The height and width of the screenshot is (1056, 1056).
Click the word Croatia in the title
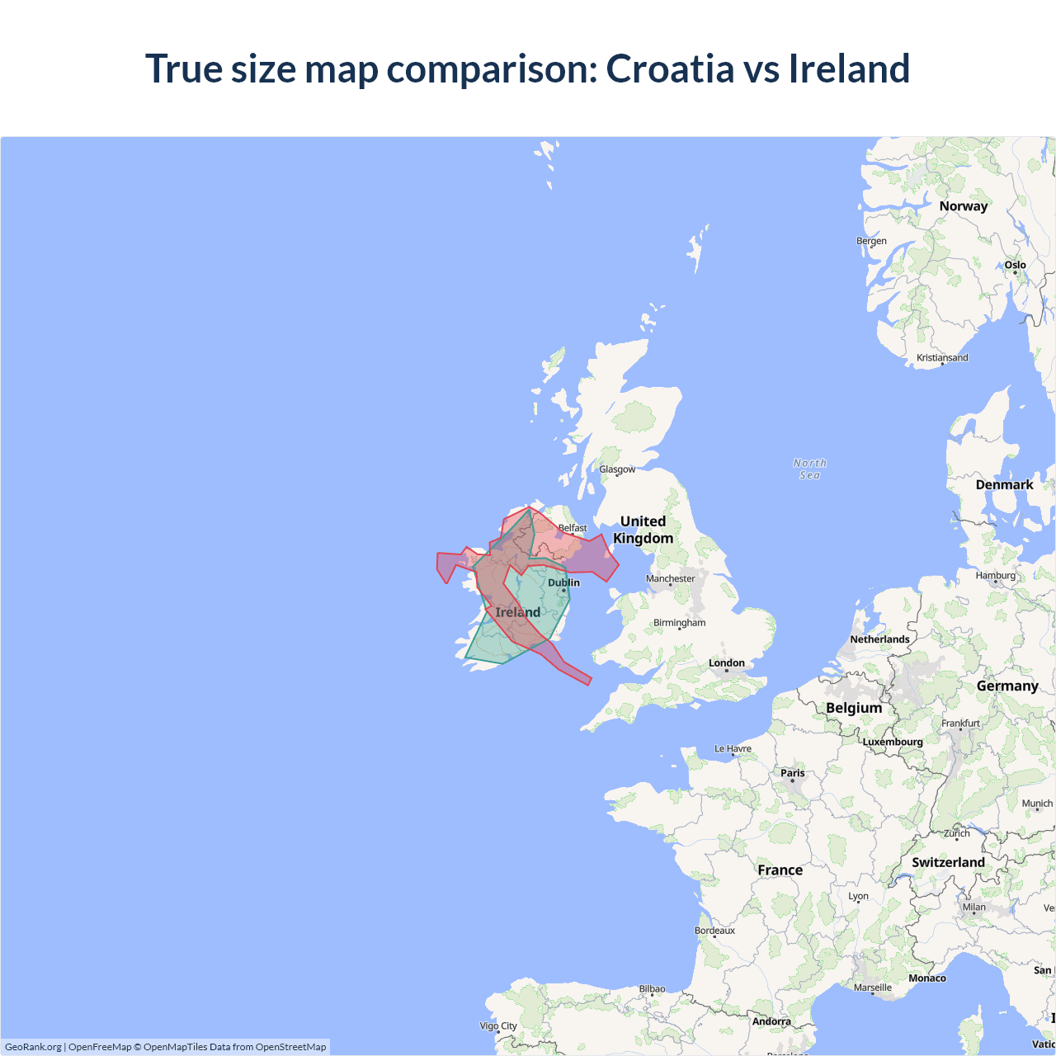(670, 68)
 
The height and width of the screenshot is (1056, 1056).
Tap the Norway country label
(963, 206)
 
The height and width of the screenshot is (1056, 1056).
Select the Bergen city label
(871, 241)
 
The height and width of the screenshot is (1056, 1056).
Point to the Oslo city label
(1015, 265)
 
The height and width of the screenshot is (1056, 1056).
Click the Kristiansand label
(942, 357)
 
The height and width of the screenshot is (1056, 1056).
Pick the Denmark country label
(1004, 484)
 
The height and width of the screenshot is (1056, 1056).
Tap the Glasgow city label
(617, 469)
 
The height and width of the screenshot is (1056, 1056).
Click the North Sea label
(809, 469)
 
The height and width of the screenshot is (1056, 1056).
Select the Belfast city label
(573, 528)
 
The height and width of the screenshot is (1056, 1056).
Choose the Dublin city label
(563, 582)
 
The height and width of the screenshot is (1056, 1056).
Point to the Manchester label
(670, 578)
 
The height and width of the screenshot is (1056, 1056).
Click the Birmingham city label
(679, 623)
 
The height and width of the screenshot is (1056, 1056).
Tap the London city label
(726, 663)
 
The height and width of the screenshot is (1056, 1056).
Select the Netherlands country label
(879, 639)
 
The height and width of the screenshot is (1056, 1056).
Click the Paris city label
(792, 773)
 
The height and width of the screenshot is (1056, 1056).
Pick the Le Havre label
(733, 748)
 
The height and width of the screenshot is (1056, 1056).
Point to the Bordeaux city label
(714, 931)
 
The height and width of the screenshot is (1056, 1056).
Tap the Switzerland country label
(948, 862)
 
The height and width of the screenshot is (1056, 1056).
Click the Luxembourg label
(893, 742)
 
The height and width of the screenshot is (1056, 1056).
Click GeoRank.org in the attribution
(33, 1047)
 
